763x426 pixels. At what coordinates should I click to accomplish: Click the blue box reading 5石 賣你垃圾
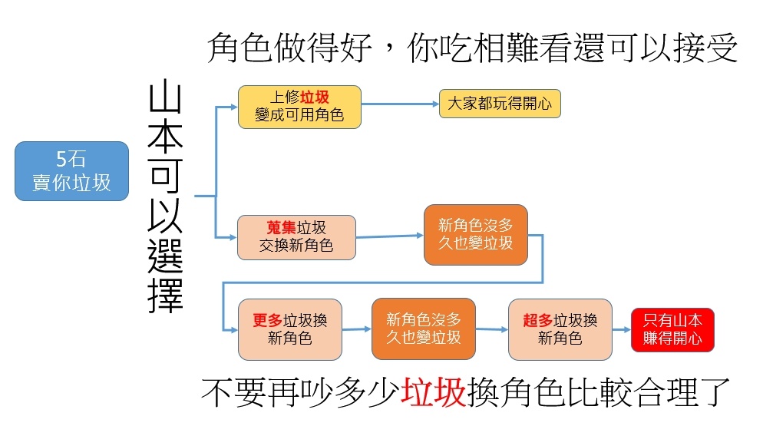[71, 171]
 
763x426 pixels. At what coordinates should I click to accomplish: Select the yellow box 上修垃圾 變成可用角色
[299, 107]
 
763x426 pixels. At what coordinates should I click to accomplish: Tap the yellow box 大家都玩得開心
[500, 104]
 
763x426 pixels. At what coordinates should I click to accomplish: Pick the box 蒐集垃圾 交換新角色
[296, 237]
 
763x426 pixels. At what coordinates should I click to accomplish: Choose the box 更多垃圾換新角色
[289, 329]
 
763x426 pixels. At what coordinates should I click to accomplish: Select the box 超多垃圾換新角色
[560, 329]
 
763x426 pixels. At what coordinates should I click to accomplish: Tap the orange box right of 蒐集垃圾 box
[475, 235]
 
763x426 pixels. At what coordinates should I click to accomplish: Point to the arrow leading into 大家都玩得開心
[399, 104]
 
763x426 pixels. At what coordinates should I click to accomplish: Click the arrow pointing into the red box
[621, 330]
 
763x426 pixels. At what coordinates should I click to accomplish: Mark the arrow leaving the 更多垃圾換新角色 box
[356, 329]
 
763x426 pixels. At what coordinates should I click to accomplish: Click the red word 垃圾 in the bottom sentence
[433, 392]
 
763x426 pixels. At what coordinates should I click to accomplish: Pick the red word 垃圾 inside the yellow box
[314, 97]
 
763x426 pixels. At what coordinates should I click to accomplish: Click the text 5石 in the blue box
[71, 160]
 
